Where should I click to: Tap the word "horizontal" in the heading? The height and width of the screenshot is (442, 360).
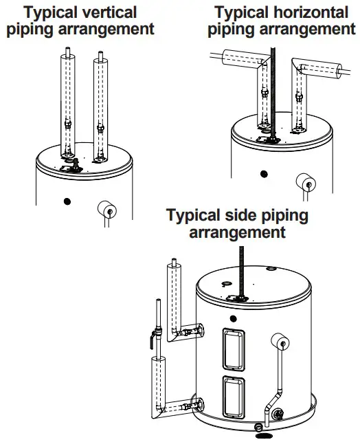coord(311,12)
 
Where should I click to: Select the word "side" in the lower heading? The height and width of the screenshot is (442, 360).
coord(240,216)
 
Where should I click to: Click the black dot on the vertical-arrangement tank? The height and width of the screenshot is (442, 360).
coord(67,201)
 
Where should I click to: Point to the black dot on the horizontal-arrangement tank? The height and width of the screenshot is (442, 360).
coord(264,174)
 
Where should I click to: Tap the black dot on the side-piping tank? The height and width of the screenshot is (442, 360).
coord(233,319)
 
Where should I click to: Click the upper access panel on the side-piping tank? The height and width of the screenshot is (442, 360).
coord(234,349)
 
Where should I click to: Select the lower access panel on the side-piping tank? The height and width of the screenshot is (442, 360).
coord(234,397)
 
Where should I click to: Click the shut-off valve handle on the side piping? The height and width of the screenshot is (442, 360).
coord(153,339)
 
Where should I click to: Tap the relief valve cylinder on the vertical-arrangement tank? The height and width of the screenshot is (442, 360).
coord(107,209)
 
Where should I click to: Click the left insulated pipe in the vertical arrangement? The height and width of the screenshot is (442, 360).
coord(67,105)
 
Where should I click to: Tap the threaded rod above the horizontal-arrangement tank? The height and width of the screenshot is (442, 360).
coord(273,93)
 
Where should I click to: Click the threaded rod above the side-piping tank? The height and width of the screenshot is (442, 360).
coord(241,271)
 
